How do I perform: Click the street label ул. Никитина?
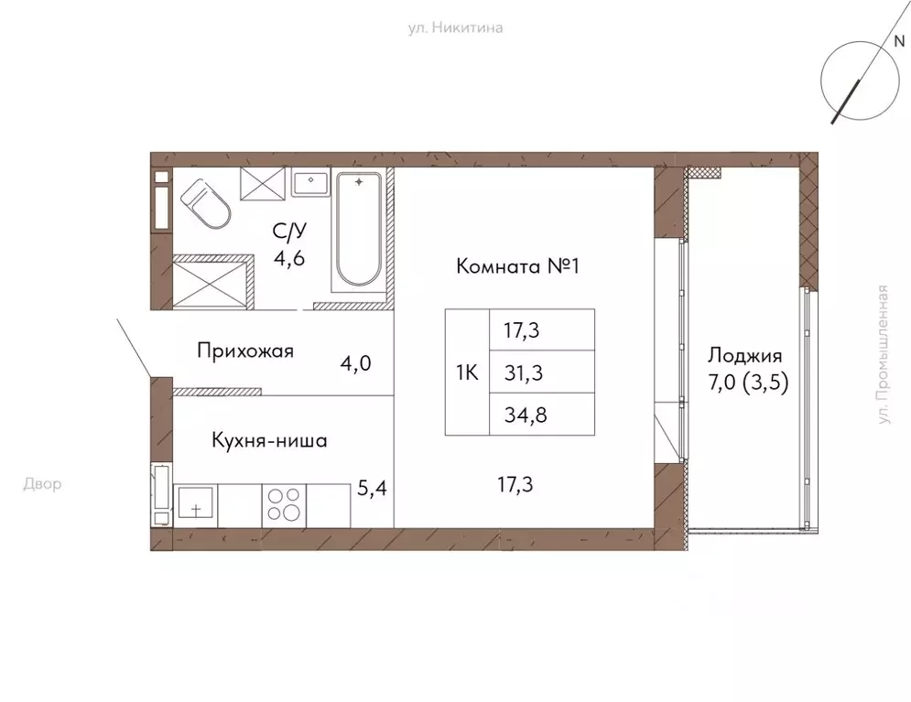(x=455, y=27)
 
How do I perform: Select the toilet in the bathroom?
(x=207, y=203)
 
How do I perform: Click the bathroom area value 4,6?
(x=288, y=257)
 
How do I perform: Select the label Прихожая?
(x=244, y=351)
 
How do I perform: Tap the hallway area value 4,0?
(x=355, y=363)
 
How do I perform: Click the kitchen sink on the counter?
(x=196, y=503)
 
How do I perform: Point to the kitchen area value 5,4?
(x=372, y=489)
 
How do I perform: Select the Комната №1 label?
(x=519, y=267)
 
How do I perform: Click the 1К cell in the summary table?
(x=467, y=373)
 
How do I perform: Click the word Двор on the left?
(x=42, y=484)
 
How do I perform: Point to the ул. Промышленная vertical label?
(x=884, y=354)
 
